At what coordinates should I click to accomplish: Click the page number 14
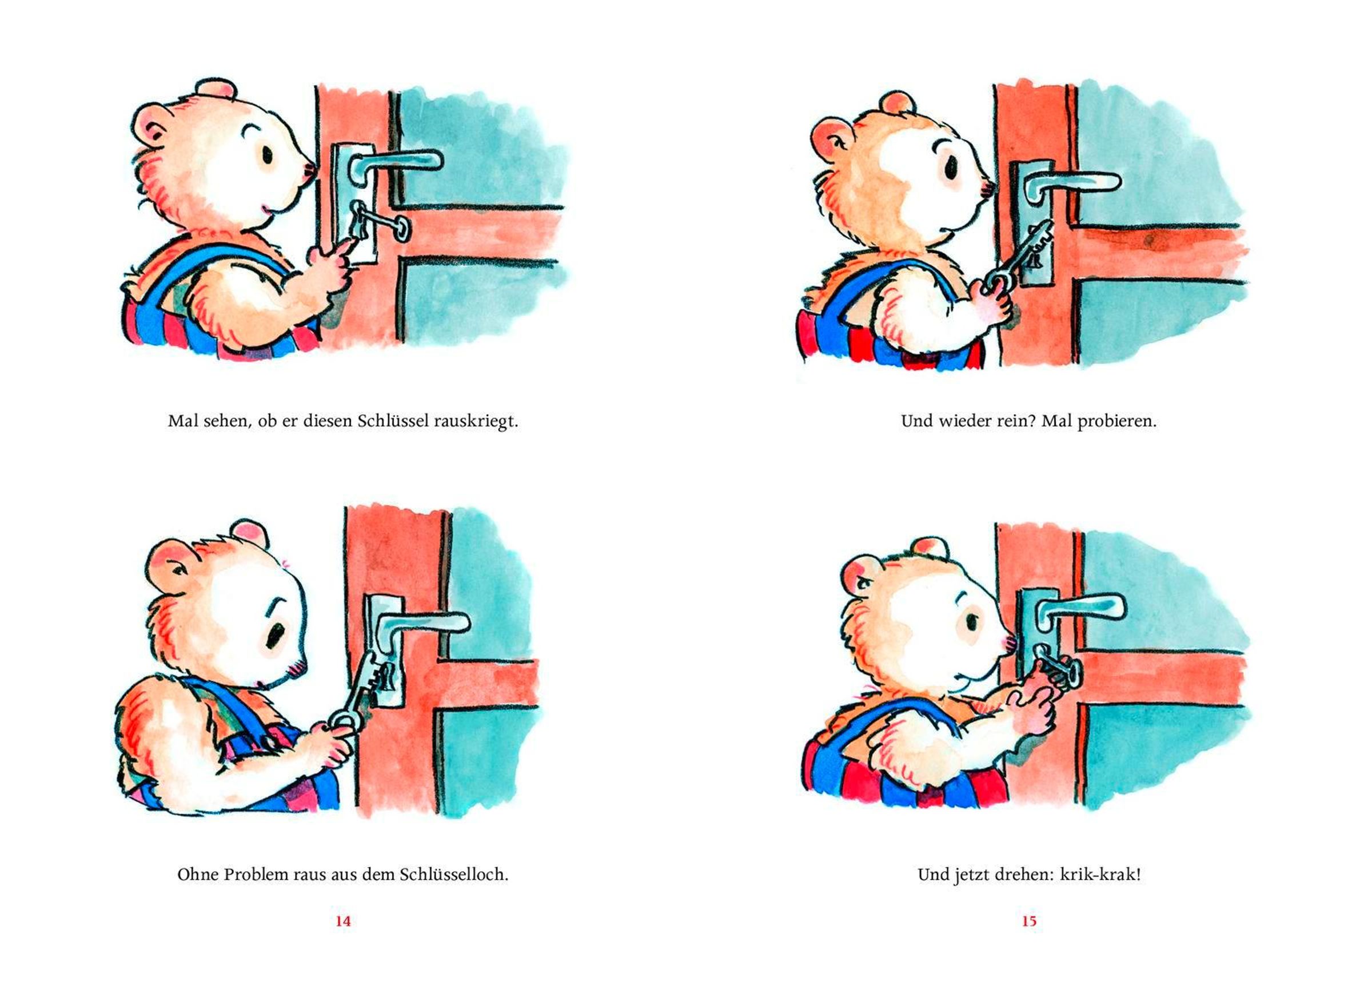click(343, 921)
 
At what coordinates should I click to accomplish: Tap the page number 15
click(1029, 921)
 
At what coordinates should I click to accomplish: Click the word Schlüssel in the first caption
click(394, 421)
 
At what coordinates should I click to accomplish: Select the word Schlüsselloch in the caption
click(454, 874)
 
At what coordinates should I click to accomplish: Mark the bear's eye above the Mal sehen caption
click(267, 155)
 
